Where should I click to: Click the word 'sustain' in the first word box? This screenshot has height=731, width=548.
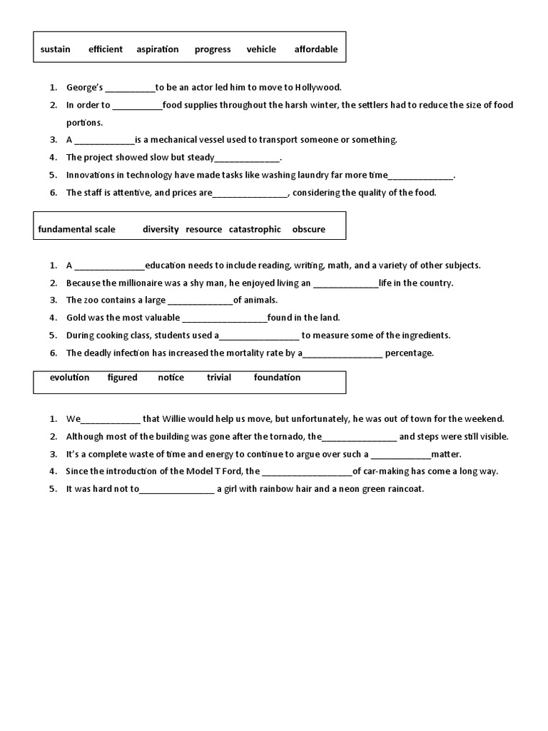pos(55,49)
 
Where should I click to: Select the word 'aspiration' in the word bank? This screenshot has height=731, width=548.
pos(158,49)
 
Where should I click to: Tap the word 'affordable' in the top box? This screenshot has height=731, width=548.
pos(316,49)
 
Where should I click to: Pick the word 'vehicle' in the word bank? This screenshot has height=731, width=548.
pos(261,49)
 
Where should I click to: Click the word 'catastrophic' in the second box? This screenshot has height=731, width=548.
pos(255,229)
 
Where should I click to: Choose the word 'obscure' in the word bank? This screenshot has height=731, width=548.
pos(308,229)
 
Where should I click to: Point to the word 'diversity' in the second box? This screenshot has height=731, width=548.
pos(161,229)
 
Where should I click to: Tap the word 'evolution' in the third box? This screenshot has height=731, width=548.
pos(69,377)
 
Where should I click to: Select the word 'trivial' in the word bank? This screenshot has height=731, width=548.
pos(219,377)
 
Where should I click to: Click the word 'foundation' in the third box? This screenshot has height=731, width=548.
pos(277,377)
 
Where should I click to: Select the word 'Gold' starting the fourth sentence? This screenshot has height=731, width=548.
pos(76,318)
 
